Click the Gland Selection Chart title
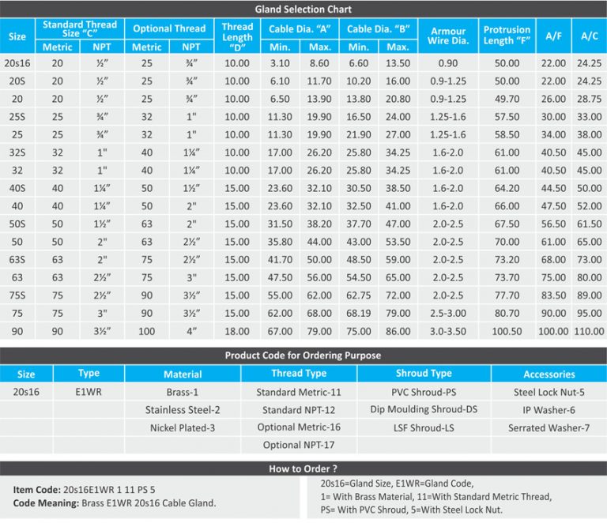[303, 9]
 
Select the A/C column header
[589, 36]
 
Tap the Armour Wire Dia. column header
[447, 36]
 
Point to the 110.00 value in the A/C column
[589, 331]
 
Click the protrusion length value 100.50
[507, 331]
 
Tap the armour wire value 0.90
[447, 62]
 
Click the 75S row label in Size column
[17, 295]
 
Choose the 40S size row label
[17, 188]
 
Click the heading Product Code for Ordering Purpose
[303, 355]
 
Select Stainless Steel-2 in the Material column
[183, 409]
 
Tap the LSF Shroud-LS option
[424, 427]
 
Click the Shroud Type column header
[424, 374]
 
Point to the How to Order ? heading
[303, 468]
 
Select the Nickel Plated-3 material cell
[183, 427]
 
